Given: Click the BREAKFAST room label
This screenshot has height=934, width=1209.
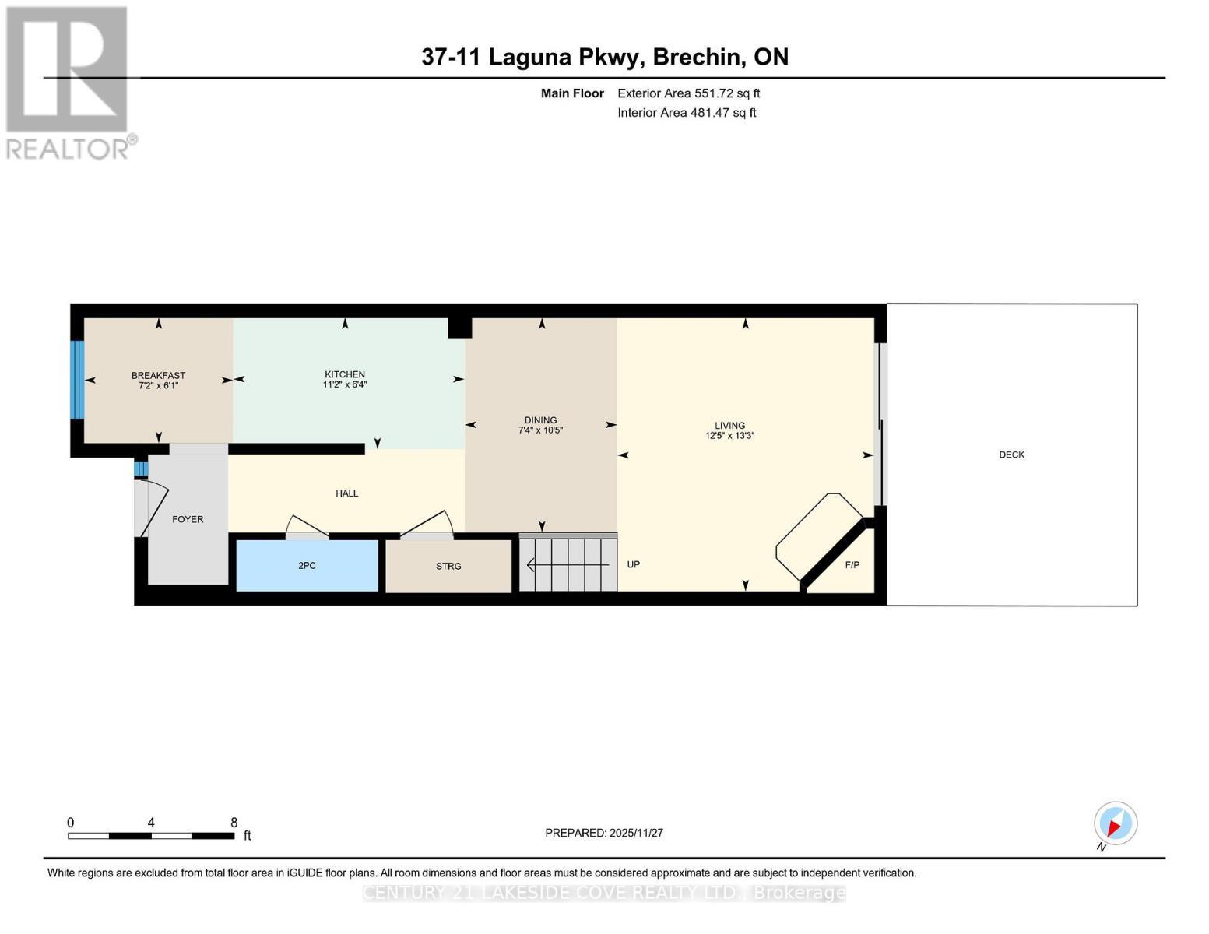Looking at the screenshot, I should [158, 375].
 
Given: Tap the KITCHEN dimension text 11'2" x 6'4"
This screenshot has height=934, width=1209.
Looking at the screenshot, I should [344, 384].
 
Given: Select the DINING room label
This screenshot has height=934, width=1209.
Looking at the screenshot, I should [540, 420].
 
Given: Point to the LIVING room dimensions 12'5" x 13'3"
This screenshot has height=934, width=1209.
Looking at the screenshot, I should [729, 436].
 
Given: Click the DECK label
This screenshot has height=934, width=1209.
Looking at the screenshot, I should [1011, 455].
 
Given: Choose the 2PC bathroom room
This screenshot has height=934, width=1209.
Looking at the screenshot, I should [307, 565].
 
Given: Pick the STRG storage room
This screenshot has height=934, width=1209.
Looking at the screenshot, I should [448, 566].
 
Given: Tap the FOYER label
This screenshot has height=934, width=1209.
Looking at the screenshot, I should [188, 519].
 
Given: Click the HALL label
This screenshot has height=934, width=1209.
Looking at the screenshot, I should [346, 493].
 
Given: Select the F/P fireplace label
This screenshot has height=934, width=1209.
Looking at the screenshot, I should [852, 565].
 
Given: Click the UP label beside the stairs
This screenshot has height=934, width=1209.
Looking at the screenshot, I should [633, 564].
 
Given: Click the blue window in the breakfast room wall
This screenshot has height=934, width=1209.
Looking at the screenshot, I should [76, 379].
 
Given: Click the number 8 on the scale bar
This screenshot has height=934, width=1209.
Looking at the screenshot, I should [234, 823].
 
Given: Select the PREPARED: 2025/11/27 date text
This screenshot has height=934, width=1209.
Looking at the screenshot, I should [603, 833].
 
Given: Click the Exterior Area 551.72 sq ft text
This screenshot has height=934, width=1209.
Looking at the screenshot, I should [688, 93].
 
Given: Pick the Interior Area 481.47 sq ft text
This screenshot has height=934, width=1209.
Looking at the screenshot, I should [687, 113].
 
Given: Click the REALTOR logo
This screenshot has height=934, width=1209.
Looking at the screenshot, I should [68, 82].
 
